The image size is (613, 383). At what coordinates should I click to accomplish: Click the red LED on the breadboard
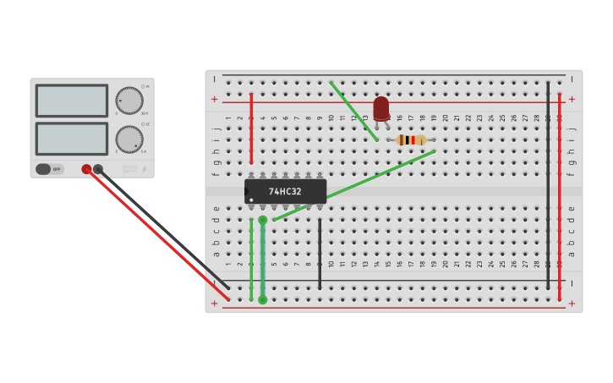pyautogui.click(x=381, y=108)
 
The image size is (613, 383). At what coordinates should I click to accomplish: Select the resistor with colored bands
pyautogui.click(x=411, y=140)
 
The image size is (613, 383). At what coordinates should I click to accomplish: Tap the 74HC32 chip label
pyautogui.click(x=285, y=191)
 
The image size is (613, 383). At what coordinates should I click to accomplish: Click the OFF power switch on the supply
pyautogui.click(x=49, y=169)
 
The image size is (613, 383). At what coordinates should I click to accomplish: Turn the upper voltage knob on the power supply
pyautogui.click(x=129, y=100)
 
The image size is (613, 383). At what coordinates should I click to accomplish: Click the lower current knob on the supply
pyautogui.click(x=129, y=140)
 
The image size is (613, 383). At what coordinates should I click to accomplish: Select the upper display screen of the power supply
pyautogui.click(x=71, y=101)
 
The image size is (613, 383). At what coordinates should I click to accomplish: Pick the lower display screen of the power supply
pyautogui.click(x=71, y=139)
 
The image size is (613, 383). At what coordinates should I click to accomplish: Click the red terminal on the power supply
pyautogui.click(x=86, y=169)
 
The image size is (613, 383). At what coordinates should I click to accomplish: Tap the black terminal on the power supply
pyautogui.click(x=98, y=169)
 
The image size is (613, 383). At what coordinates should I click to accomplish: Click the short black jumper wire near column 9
pyautogui.click(x=320, y=254)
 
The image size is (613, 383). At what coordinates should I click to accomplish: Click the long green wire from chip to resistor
pyautogui.click(x=355, y=185)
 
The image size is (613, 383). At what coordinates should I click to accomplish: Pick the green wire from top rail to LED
pyautogui.click(x=353, y=111)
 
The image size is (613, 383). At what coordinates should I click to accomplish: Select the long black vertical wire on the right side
pyautogui.click(x=548, y=186)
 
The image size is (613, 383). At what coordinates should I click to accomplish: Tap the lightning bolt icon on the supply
pyautogui.click(x=144, y=170)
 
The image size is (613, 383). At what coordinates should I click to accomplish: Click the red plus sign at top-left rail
pyautogui.click(x=214, y=99)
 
